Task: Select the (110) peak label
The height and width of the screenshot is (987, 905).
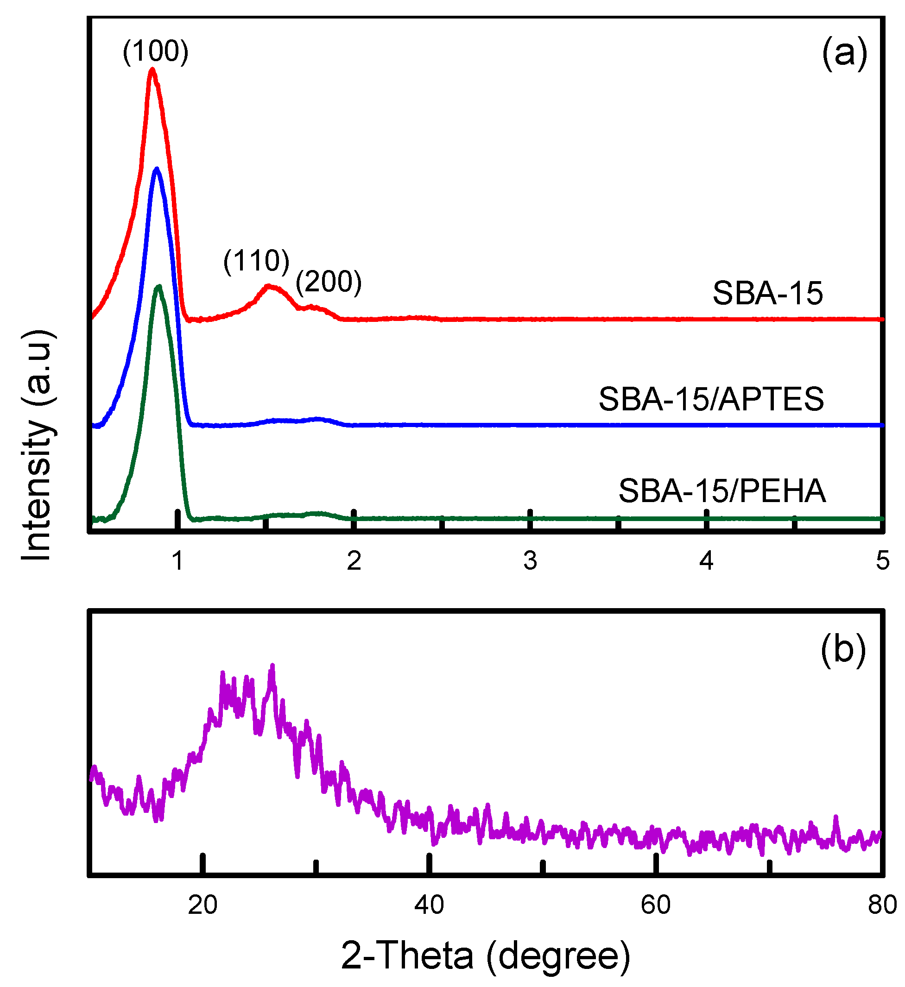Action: point(257,260)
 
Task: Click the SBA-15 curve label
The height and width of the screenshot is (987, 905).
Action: point(767,293)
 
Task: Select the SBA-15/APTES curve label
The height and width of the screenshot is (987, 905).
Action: point(711,399)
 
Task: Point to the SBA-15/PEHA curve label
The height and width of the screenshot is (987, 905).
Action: point(722,491)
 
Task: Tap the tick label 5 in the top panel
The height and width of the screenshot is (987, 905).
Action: point(882,560)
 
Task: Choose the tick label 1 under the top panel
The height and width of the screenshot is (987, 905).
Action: point(178,560)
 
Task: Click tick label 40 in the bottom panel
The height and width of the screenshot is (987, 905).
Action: point(429,905)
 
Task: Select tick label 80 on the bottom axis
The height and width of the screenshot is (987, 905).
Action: point(882,905)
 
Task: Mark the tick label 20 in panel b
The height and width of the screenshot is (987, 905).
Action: point(203,905)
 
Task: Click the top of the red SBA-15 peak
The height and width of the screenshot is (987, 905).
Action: point(152,69)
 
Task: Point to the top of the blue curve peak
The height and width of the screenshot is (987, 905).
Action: point(157,169)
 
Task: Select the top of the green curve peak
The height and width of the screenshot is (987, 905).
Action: point(158,286)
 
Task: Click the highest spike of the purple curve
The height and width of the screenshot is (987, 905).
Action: point(273,666)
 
